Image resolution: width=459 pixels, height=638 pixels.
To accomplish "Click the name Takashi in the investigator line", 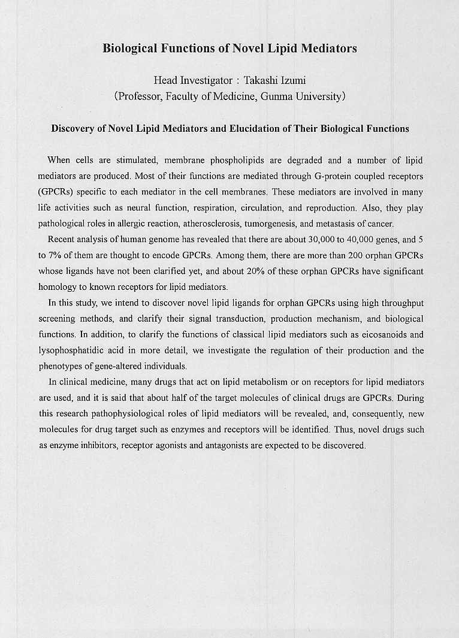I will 262,80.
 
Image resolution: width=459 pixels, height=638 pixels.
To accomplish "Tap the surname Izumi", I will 298,80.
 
